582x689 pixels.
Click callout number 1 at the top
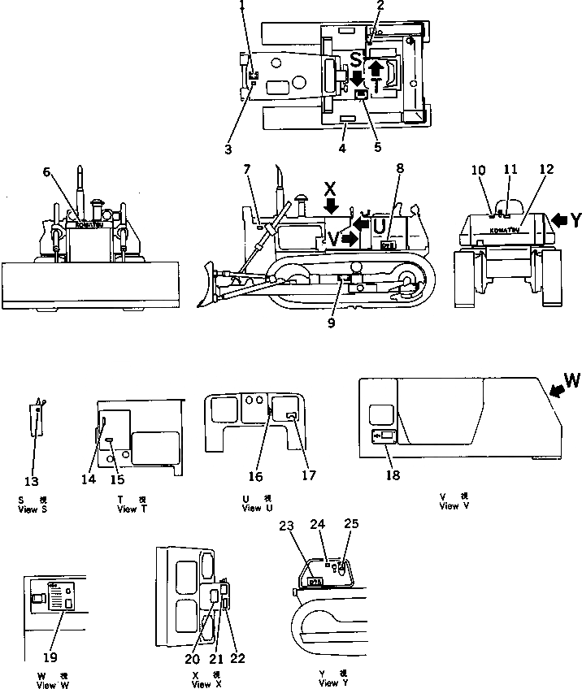coord(242,6)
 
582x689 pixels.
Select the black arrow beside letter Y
coord(558,219)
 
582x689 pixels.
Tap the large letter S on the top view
coord(356,58)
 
